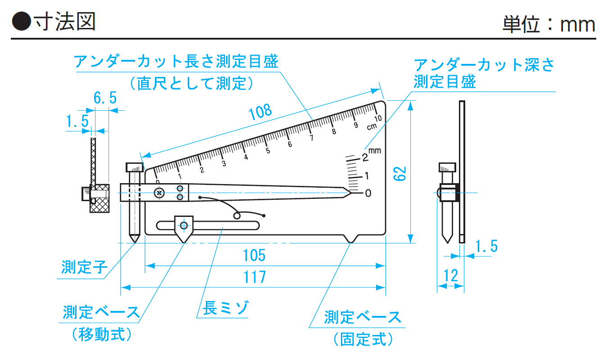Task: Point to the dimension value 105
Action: [x=254, y=255]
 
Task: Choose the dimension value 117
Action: [x=255, y=277]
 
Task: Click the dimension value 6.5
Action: [x=104, y=97]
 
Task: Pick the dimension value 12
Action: [x=451, y=275]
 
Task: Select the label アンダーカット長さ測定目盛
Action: [x=176, y=61]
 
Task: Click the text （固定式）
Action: [x=363, y=339]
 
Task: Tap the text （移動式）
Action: [x=101, y=334]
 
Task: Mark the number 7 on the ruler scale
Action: [x=311, y=138]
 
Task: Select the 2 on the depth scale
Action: [x=365, y=157]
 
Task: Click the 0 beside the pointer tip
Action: [x=368, y=193]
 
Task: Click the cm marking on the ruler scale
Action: [x=372, y=126]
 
